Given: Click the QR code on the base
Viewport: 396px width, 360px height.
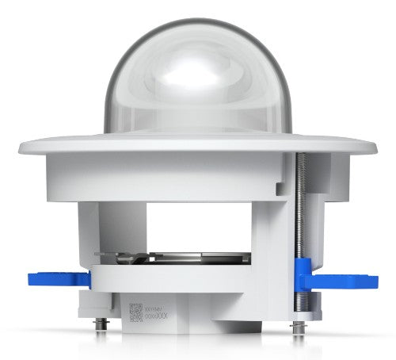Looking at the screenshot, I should click(x=134, y=310).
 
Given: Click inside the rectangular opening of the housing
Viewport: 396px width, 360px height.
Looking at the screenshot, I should click(x=198, y=230).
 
